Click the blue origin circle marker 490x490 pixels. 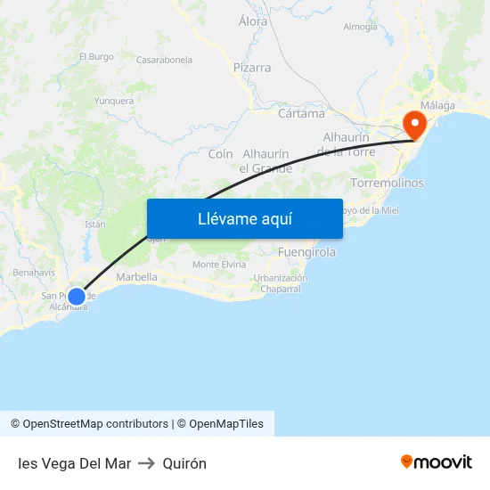coord(78,296)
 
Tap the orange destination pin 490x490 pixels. coord(413,124)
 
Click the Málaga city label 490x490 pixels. coord(437,105)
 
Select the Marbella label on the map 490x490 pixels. coord(136,277)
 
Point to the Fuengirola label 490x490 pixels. coord(307,252)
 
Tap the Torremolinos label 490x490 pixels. coord(388,183)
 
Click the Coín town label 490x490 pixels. coord(220,154)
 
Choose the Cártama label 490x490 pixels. coord(301,114)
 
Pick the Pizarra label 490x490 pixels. coord(252,68)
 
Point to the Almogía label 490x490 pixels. coord(360,27)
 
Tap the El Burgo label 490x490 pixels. coord(96,57)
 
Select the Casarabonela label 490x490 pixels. coord(164,60)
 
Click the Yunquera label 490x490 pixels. coord(114,101)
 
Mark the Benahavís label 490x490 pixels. coord(34,272)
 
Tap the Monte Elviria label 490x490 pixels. coord(219,265)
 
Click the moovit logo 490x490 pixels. coord(436,461)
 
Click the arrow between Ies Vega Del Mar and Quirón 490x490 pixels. coord(147,463)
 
